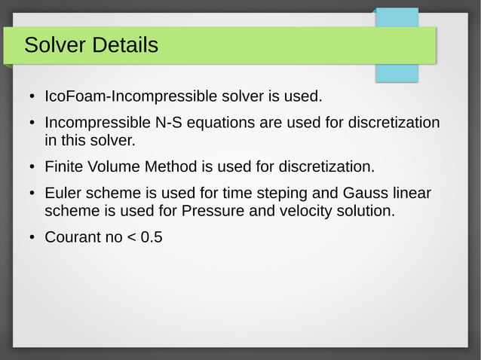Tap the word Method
tap(168, 166)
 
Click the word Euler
tap(63, 194)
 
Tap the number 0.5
tap(151, 238)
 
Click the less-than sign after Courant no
tap(130, 238)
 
